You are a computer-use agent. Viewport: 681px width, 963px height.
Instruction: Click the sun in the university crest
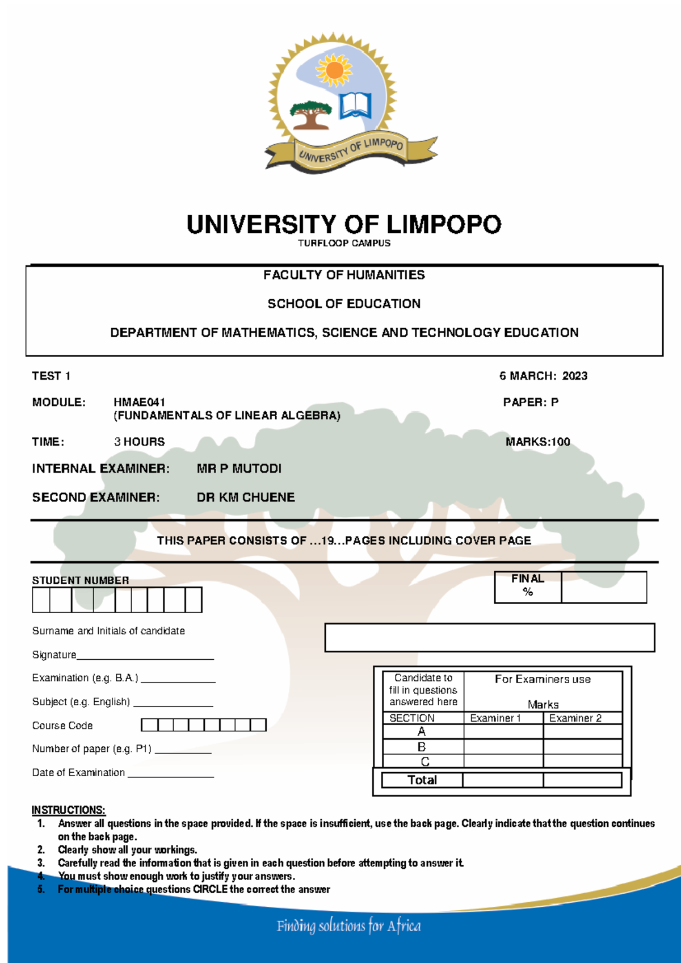point(334,70)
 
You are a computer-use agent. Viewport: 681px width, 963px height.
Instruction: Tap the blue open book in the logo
point(355,105)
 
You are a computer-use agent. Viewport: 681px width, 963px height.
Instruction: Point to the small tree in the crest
point(310,114)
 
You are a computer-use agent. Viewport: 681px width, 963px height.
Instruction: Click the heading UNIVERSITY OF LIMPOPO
point(344,225)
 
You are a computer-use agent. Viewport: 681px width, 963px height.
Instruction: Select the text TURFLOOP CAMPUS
point(344,244)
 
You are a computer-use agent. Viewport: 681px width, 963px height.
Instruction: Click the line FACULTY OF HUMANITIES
point(344,275)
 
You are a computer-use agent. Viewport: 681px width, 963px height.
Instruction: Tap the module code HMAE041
point(140,403)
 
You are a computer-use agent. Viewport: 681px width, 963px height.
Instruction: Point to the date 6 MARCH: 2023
point(543,376)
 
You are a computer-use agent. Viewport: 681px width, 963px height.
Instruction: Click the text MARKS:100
point(537,442)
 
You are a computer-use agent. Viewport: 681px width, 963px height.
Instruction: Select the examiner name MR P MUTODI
point(239,469)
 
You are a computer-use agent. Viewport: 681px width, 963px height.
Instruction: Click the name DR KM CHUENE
point(246,497)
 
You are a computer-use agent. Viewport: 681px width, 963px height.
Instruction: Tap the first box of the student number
point(41,600)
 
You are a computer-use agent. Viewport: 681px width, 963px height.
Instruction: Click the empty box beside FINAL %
point(604,587)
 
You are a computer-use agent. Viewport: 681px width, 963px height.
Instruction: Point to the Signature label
point(54,655)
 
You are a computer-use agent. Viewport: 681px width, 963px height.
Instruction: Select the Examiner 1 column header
point(495,718)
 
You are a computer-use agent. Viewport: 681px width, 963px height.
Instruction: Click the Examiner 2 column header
point(575,718)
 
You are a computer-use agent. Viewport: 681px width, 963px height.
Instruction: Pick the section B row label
point(422,747)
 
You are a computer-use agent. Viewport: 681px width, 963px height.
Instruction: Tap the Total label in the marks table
point(422,780)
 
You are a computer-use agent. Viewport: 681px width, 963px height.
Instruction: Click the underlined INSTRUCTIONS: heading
point(68,810)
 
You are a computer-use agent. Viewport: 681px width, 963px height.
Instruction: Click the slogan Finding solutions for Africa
point(348,927)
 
